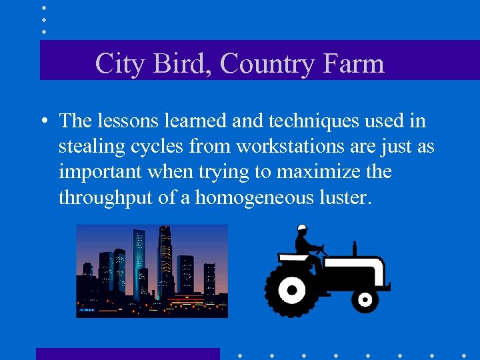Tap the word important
[x=100, y=172]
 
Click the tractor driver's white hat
[x=302, y=228]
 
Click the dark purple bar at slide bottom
[x=127, y=353]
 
